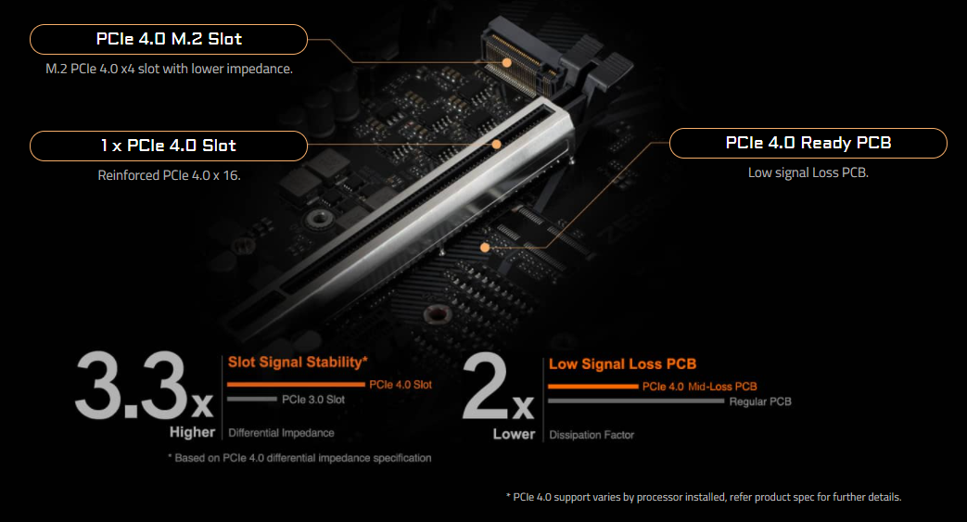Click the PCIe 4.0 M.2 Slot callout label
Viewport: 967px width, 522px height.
[x=169, y=39]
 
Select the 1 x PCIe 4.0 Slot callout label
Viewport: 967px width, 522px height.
[x=169, y=146]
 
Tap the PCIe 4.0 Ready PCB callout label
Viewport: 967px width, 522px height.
[x=808, y=143]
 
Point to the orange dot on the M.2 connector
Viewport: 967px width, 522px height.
[x=507, y=62]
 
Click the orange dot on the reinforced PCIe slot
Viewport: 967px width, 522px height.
[x=497, y=145]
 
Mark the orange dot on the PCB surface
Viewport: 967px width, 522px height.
[x=486, y=247]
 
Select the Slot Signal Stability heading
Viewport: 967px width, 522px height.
[x=298, y=362]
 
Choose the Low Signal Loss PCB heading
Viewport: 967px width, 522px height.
[x=622, y=364]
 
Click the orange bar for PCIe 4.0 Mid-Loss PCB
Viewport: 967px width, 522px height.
[x=592, y=386]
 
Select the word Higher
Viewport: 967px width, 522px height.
[x=192, y=432]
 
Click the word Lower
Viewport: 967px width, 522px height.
[x=514, y=434]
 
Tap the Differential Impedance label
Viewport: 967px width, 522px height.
[x=281, y=433]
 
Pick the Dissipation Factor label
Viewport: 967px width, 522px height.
[x=592, y=434]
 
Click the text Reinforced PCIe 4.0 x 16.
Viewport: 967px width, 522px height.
[x=169, y=174]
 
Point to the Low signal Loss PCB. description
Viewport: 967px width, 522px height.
[x=808, y=172]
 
